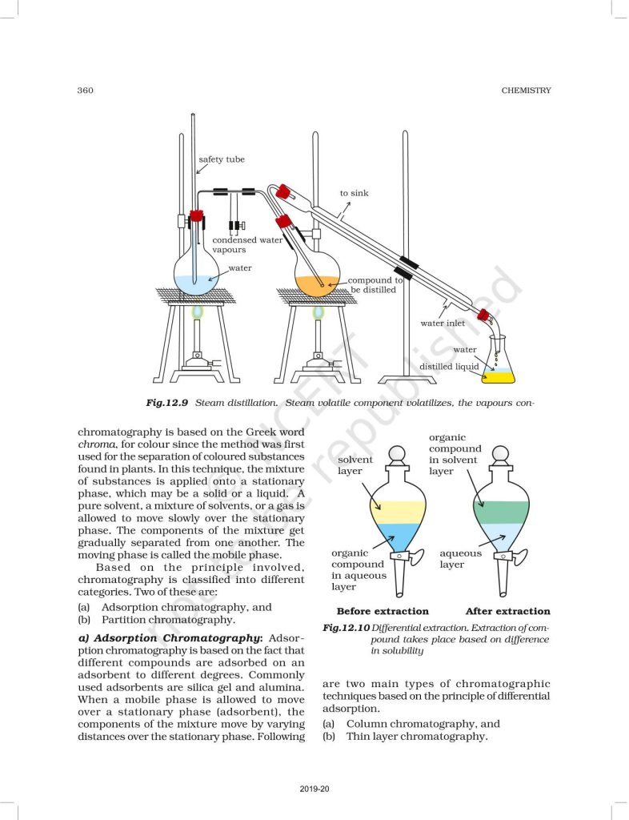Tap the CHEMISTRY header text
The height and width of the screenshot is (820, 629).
(x=526, y=90)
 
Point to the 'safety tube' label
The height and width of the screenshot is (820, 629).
(x=222, y=159)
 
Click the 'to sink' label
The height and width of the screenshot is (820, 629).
(x=354, y=193)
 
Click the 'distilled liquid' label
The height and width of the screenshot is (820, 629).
(x=449, y=367)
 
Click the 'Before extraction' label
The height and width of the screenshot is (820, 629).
(x=383, y=611)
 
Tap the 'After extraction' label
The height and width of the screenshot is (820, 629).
(x=507, y=611)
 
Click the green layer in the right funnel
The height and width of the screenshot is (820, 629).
(x=501, y=511)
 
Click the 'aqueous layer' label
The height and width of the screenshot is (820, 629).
(x=461, y=559)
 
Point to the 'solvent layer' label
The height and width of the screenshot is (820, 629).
(x=355, y=465)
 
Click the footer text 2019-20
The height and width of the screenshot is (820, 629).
(x=314, y=789)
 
